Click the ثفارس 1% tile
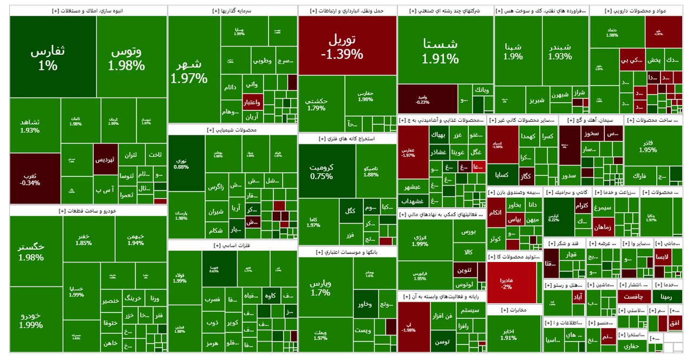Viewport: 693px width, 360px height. (x=53, y=57)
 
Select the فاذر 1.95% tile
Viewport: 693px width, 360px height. (x=647, y=146)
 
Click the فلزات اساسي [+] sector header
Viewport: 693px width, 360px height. (x=232, y=246)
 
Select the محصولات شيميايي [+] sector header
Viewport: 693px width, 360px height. (x=232, y=130)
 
